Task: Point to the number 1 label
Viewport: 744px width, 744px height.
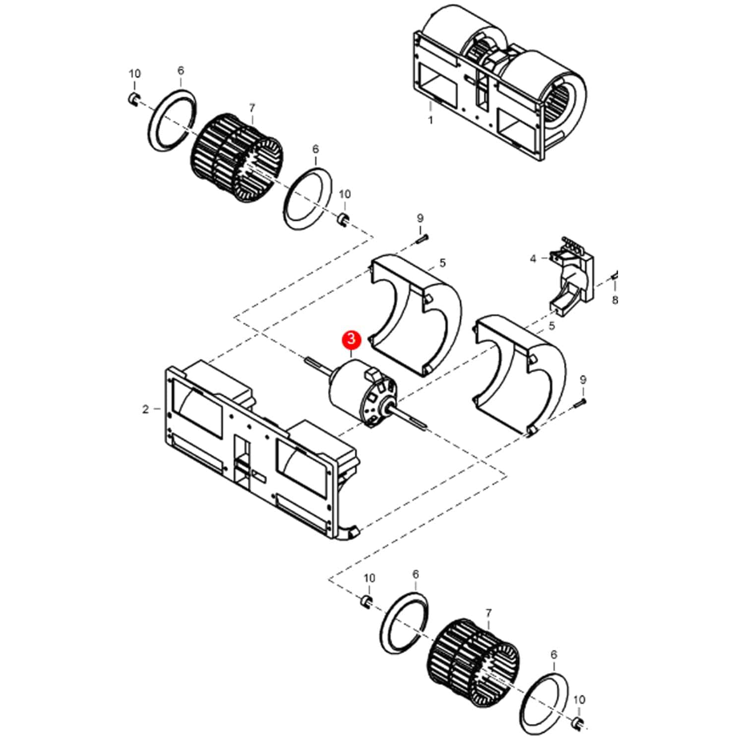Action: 431,120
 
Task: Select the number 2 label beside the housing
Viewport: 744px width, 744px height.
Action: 145,409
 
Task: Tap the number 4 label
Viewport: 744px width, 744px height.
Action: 533,259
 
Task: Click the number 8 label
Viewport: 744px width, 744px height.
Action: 615,300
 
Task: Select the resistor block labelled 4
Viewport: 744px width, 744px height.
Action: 570,278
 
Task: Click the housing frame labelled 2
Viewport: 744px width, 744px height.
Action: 258,446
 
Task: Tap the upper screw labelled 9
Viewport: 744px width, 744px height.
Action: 421,240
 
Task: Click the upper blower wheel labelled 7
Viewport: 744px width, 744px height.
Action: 236,159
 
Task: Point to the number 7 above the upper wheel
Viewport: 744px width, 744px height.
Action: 252,108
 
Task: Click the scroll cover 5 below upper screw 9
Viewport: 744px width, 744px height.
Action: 417,312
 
